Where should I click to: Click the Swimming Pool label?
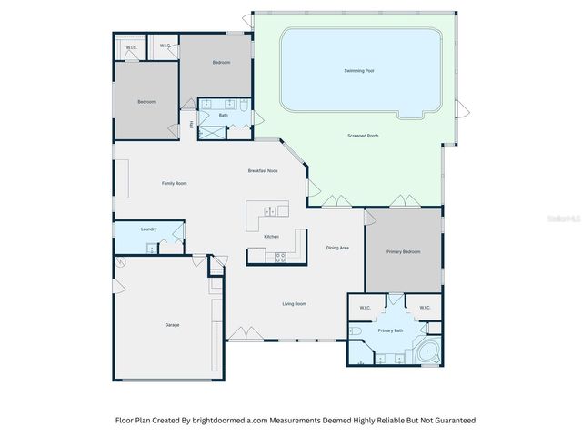[360, 70]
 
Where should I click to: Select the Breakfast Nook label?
[263, 170]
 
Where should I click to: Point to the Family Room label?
[175, 183]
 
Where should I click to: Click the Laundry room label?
[149, 229]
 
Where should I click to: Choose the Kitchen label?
[271, 236]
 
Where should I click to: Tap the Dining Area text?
[338, 248]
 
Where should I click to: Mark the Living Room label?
[294, 303]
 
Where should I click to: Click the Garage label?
[172, 324]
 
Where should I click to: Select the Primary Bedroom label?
[404, 251]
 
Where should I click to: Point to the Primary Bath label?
[391, 330]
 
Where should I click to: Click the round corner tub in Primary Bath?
[426, 351]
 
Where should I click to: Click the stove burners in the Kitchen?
[279, 258]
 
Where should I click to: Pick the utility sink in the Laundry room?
[154, 247]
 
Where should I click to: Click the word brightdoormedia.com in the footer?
[223, 421]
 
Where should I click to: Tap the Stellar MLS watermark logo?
[566, 218]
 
